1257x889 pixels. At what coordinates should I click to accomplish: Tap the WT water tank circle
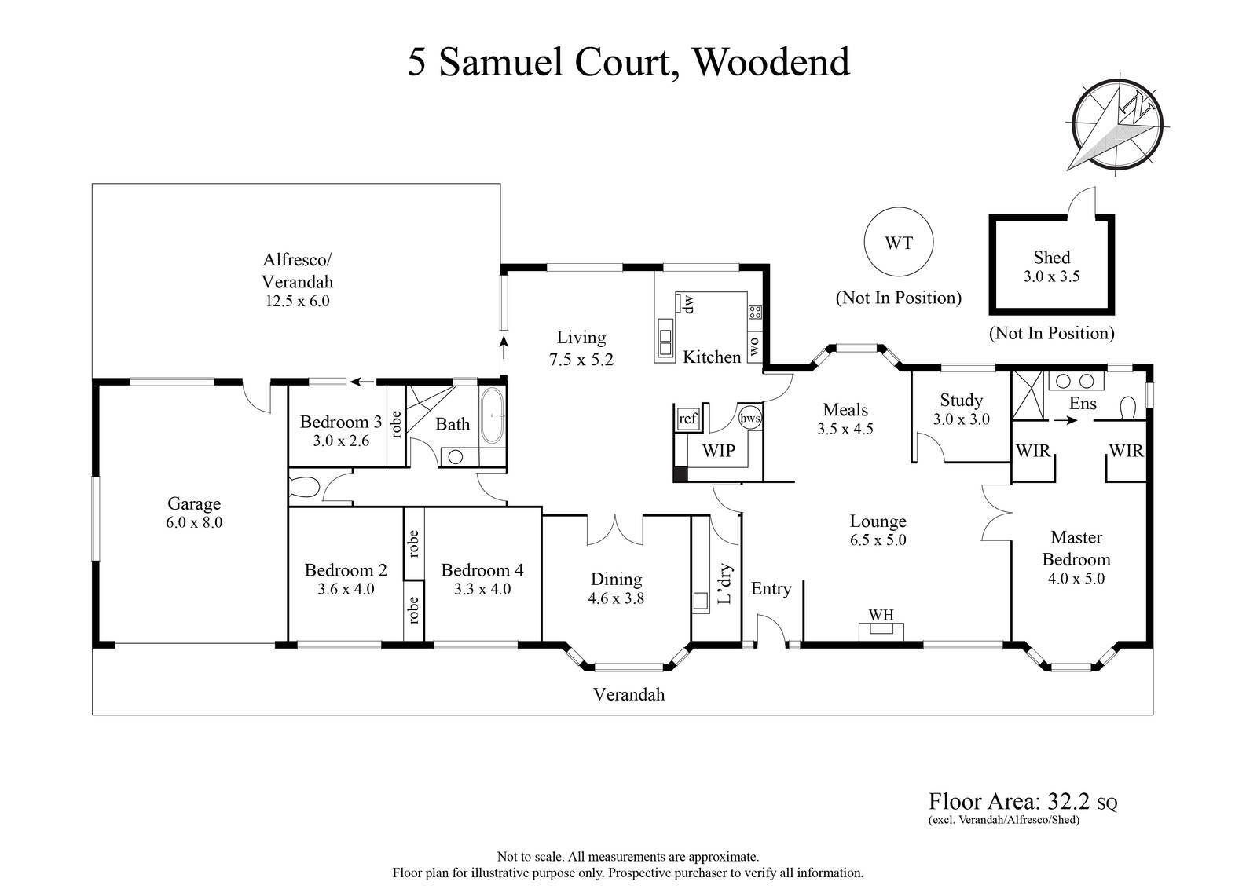coord(899,243)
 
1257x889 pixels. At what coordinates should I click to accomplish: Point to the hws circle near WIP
coord(749,419)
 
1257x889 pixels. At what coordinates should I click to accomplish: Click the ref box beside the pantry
coord(687,419)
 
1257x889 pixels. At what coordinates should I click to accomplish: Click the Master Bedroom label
coord(1076,548)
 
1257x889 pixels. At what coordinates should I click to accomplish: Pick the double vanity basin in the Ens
coord(1076,382)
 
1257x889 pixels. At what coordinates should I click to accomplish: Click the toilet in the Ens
coord(1127,408)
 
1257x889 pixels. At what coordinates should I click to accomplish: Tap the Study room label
coord(961,401)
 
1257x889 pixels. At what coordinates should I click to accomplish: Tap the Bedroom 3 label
coord(341,423)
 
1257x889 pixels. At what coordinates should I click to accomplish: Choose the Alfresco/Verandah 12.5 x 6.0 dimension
coord(297,301)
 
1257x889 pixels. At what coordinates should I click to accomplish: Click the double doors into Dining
coord(615,528)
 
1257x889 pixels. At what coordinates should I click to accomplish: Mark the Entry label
coord(771,589)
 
